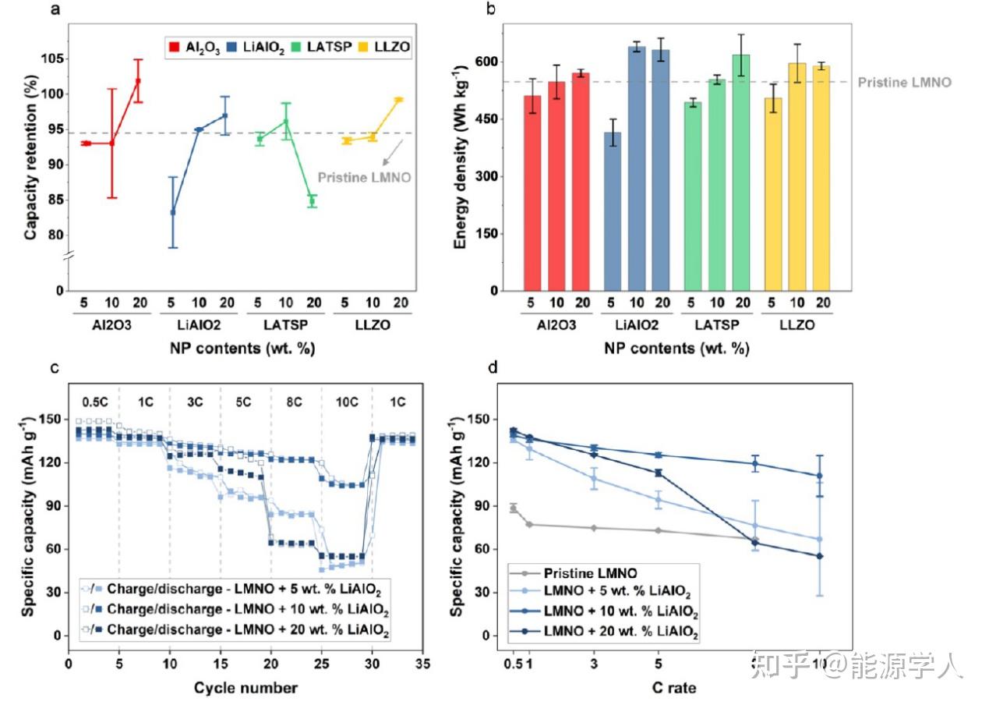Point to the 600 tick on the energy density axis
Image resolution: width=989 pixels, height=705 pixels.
tap(493, 62)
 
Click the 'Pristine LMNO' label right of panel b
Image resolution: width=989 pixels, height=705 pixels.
tap(904, 82)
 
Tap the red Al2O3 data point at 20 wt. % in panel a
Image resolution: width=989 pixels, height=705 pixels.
tap(138, 80)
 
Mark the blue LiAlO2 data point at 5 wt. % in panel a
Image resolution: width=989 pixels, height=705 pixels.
tap(173, 212)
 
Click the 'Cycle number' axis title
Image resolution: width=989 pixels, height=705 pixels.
tap(245, 687)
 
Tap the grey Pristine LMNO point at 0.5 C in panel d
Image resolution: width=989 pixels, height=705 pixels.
tap(513, 508)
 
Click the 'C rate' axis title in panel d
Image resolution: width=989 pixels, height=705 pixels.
tap(674, 687)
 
